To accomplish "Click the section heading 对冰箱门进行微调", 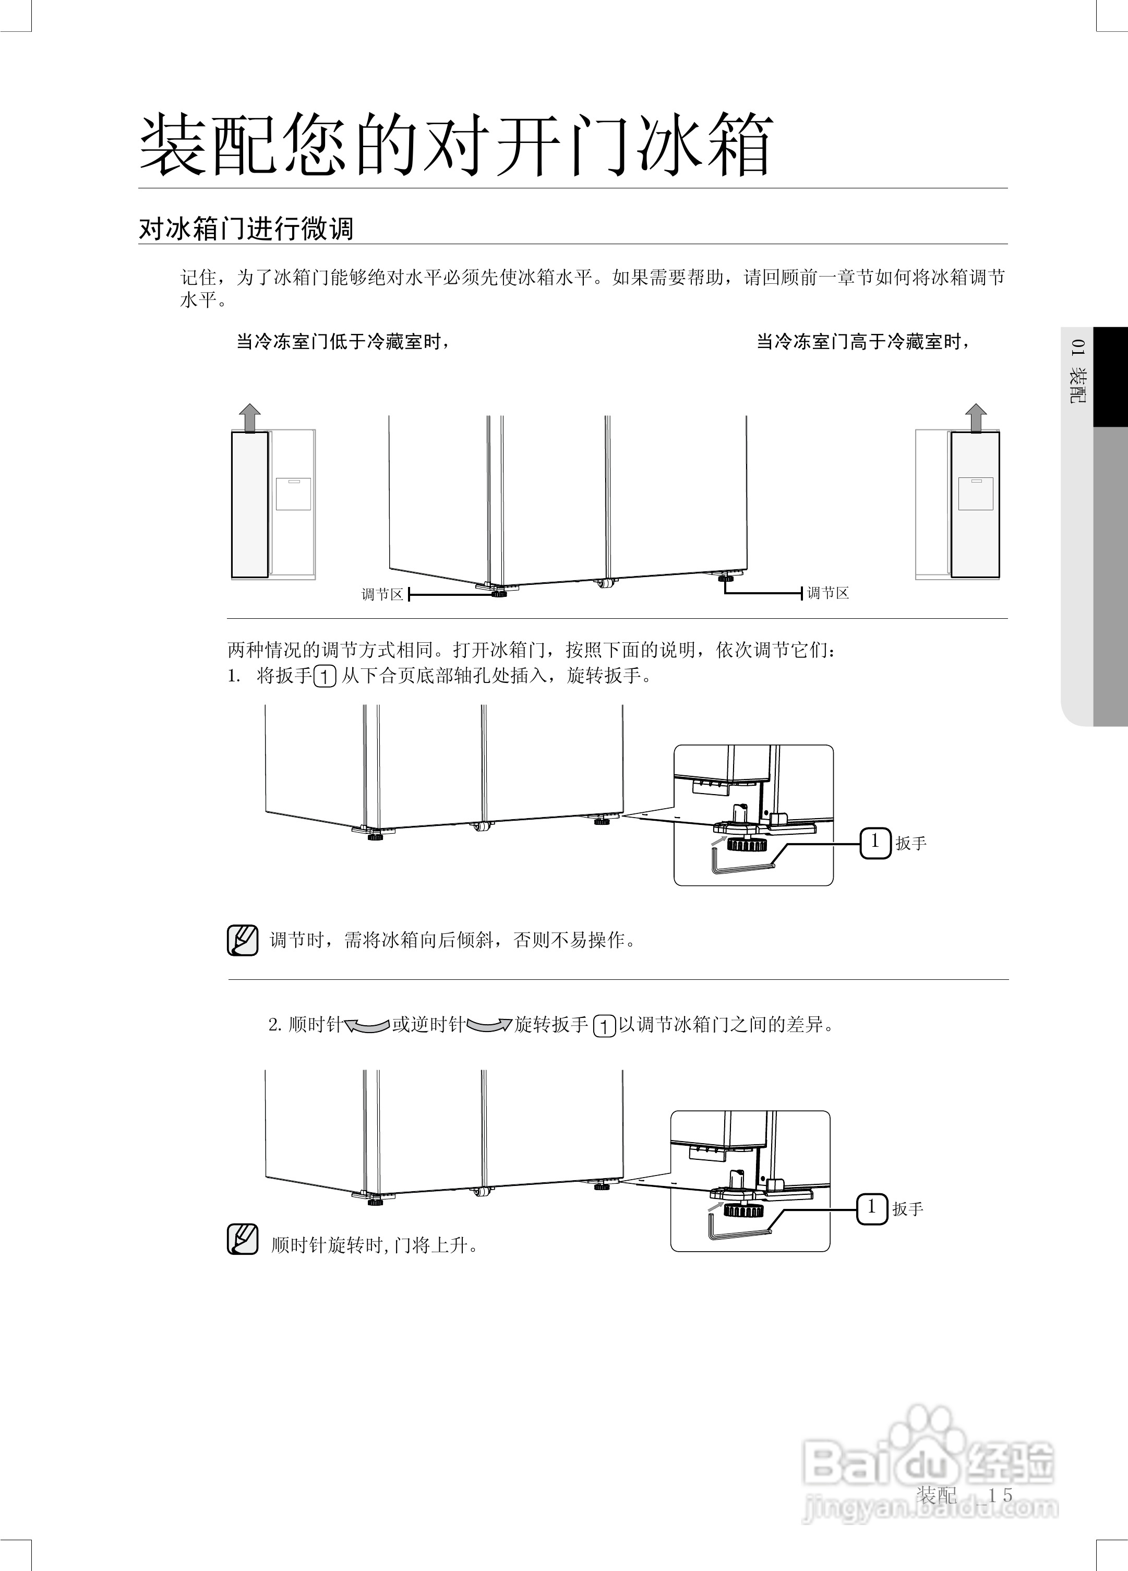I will [246, 229].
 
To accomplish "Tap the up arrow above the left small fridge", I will [249, 418].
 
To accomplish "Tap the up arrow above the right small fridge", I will [976, 418].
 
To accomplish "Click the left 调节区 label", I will [382, 594].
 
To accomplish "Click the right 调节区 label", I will [828, 593].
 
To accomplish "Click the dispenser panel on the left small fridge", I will [293, 494].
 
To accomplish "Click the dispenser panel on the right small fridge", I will [976, 494].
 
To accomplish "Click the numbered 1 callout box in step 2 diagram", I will [872, 1208].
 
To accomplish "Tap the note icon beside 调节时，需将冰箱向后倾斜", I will [243, 940].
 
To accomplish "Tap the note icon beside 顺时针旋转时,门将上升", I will [243, 1239].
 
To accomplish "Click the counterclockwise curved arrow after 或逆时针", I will [489, 1025].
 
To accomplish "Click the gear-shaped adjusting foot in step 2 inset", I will [742, 1210].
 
